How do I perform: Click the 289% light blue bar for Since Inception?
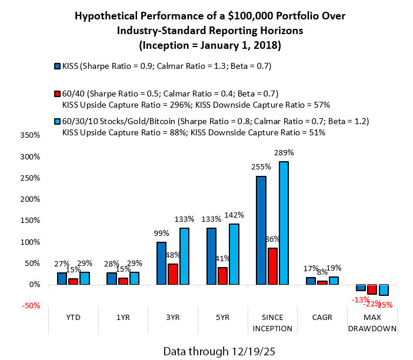tap(284, 223)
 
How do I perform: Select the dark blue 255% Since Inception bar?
tap(261, 230)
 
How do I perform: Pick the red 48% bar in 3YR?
tap(172, 274)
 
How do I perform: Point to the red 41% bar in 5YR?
tap(222, 276)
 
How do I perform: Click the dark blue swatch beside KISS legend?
tap(56, 66)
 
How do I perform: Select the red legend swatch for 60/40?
tap(56, 93)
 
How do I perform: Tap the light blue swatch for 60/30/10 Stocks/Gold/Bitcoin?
tap(56, 121)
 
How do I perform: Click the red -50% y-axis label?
tap(29, 306)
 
